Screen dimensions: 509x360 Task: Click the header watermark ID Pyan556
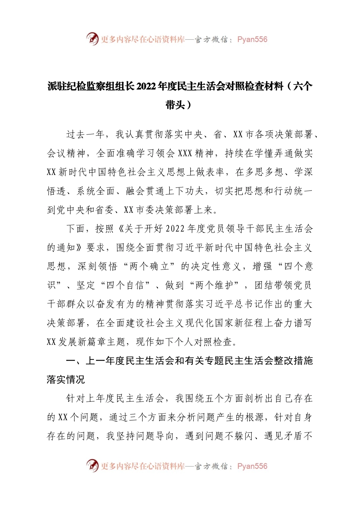(x=252, y=39)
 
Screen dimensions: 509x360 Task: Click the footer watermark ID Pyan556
(x=252, y=466)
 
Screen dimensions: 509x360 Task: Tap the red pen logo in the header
(x=92, y=39)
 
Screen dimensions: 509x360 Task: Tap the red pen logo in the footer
(x=92, y=465)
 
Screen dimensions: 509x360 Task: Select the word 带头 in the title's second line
(x=175, y=105)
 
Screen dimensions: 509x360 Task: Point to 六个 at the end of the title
(x=303, y=87)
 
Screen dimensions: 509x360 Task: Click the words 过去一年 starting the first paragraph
(x=85, y=135)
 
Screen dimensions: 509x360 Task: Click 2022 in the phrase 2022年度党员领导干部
(x=175, y=229)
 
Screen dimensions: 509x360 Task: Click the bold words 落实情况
(x=66, y=380)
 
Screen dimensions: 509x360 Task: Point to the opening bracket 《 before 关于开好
(x=121, y=229)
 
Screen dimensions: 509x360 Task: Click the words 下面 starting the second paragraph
(x=75, y=229)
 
